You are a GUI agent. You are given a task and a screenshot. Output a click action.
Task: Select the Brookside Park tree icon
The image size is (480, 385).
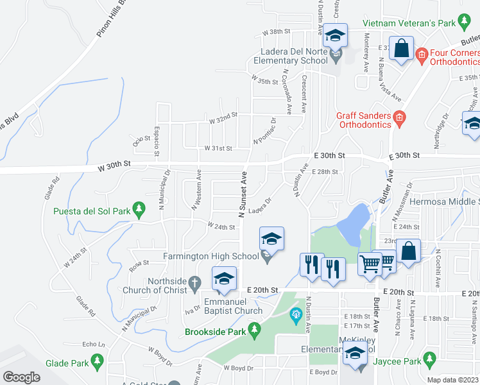click(255, 330)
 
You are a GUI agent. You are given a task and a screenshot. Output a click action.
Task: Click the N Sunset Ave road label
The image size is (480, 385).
click(243, 195)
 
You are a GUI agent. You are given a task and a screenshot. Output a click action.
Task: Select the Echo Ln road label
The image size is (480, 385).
click(94, 344)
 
